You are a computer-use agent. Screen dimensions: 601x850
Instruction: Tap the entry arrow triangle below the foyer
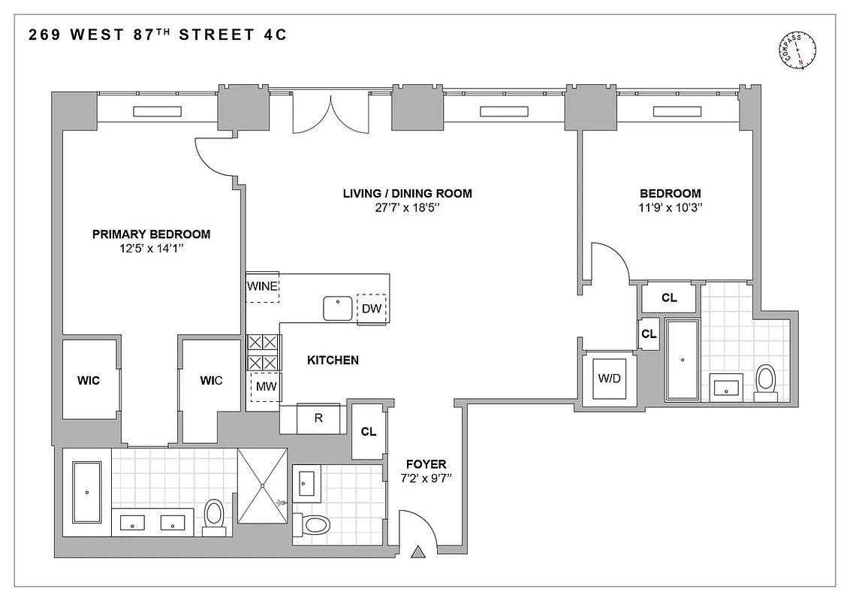tap(419, 554)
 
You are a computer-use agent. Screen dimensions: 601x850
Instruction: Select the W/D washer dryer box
tap(609, 378)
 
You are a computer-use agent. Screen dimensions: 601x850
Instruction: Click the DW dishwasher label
tap(372, 309)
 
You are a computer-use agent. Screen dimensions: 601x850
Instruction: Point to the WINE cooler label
tap(262, 286)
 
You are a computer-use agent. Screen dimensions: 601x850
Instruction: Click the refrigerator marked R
tap(318, 418)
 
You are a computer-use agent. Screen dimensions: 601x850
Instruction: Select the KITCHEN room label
tap(333, 361)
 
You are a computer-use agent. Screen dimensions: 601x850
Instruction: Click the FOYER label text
tap(426, 464)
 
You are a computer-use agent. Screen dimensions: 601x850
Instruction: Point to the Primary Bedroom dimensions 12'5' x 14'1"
tap(151, 249)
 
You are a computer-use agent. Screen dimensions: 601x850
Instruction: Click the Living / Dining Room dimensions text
tap(407, 208)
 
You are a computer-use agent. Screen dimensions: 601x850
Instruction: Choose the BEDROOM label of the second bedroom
tap(669, 193)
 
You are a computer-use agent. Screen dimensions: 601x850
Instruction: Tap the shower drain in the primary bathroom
tap(263, 486)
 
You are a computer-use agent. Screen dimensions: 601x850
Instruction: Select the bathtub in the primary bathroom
tap(87, 492)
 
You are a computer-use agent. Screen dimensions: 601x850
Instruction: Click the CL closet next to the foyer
tap(368, 432)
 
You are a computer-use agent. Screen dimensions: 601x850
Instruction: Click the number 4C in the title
tap(274, 35)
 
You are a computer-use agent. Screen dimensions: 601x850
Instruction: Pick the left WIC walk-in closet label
tap(88, 381)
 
